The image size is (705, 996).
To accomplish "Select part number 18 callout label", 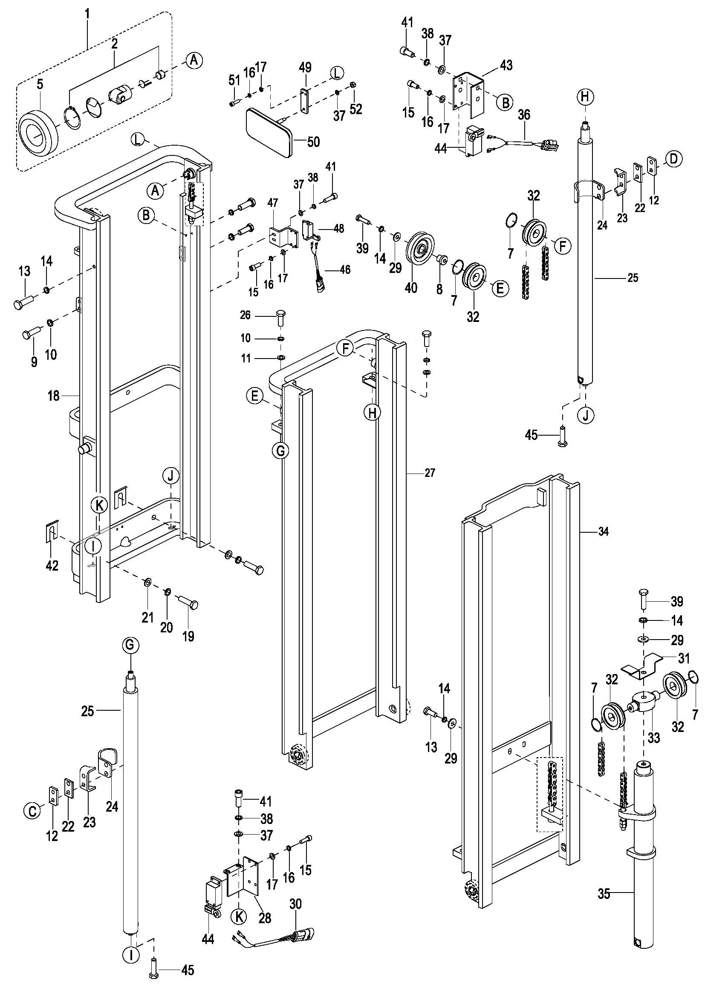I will (x=53, y=396).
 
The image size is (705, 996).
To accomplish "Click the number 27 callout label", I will (x=429, y=473).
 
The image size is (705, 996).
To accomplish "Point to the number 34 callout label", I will (x=604, y=531).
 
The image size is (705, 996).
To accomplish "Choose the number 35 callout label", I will (x=604, y=894).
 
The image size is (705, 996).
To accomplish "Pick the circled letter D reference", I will (x=673, y=159).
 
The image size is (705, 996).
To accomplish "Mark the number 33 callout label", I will (x=653, y=737).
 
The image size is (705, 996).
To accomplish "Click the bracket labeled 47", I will (x=282, y=235).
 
